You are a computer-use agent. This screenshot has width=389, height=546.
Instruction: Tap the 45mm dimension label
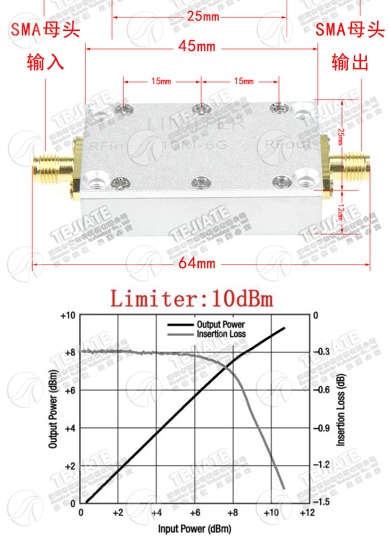[197, 47]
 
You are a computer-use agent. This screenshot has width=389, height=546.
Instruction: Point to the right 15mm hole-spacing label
[244, 81]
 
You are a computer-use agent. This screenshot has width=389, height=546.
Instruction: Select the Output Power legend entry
[220, 324]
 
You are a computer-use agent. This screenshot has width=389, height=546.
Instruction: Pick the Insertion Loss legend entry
[221, 334]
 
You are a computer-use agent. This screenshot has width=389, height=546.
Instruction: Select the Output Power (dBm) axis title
[53, 409]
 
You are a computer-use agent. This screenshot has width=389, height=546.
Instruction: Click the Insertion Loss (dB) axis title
[340, 409]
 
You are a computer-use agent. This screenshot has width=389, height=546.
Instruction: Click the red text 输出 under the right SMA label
[350, 63]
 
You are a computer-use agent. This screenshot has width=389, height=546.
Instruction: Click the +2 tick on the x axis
[118, 513]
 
